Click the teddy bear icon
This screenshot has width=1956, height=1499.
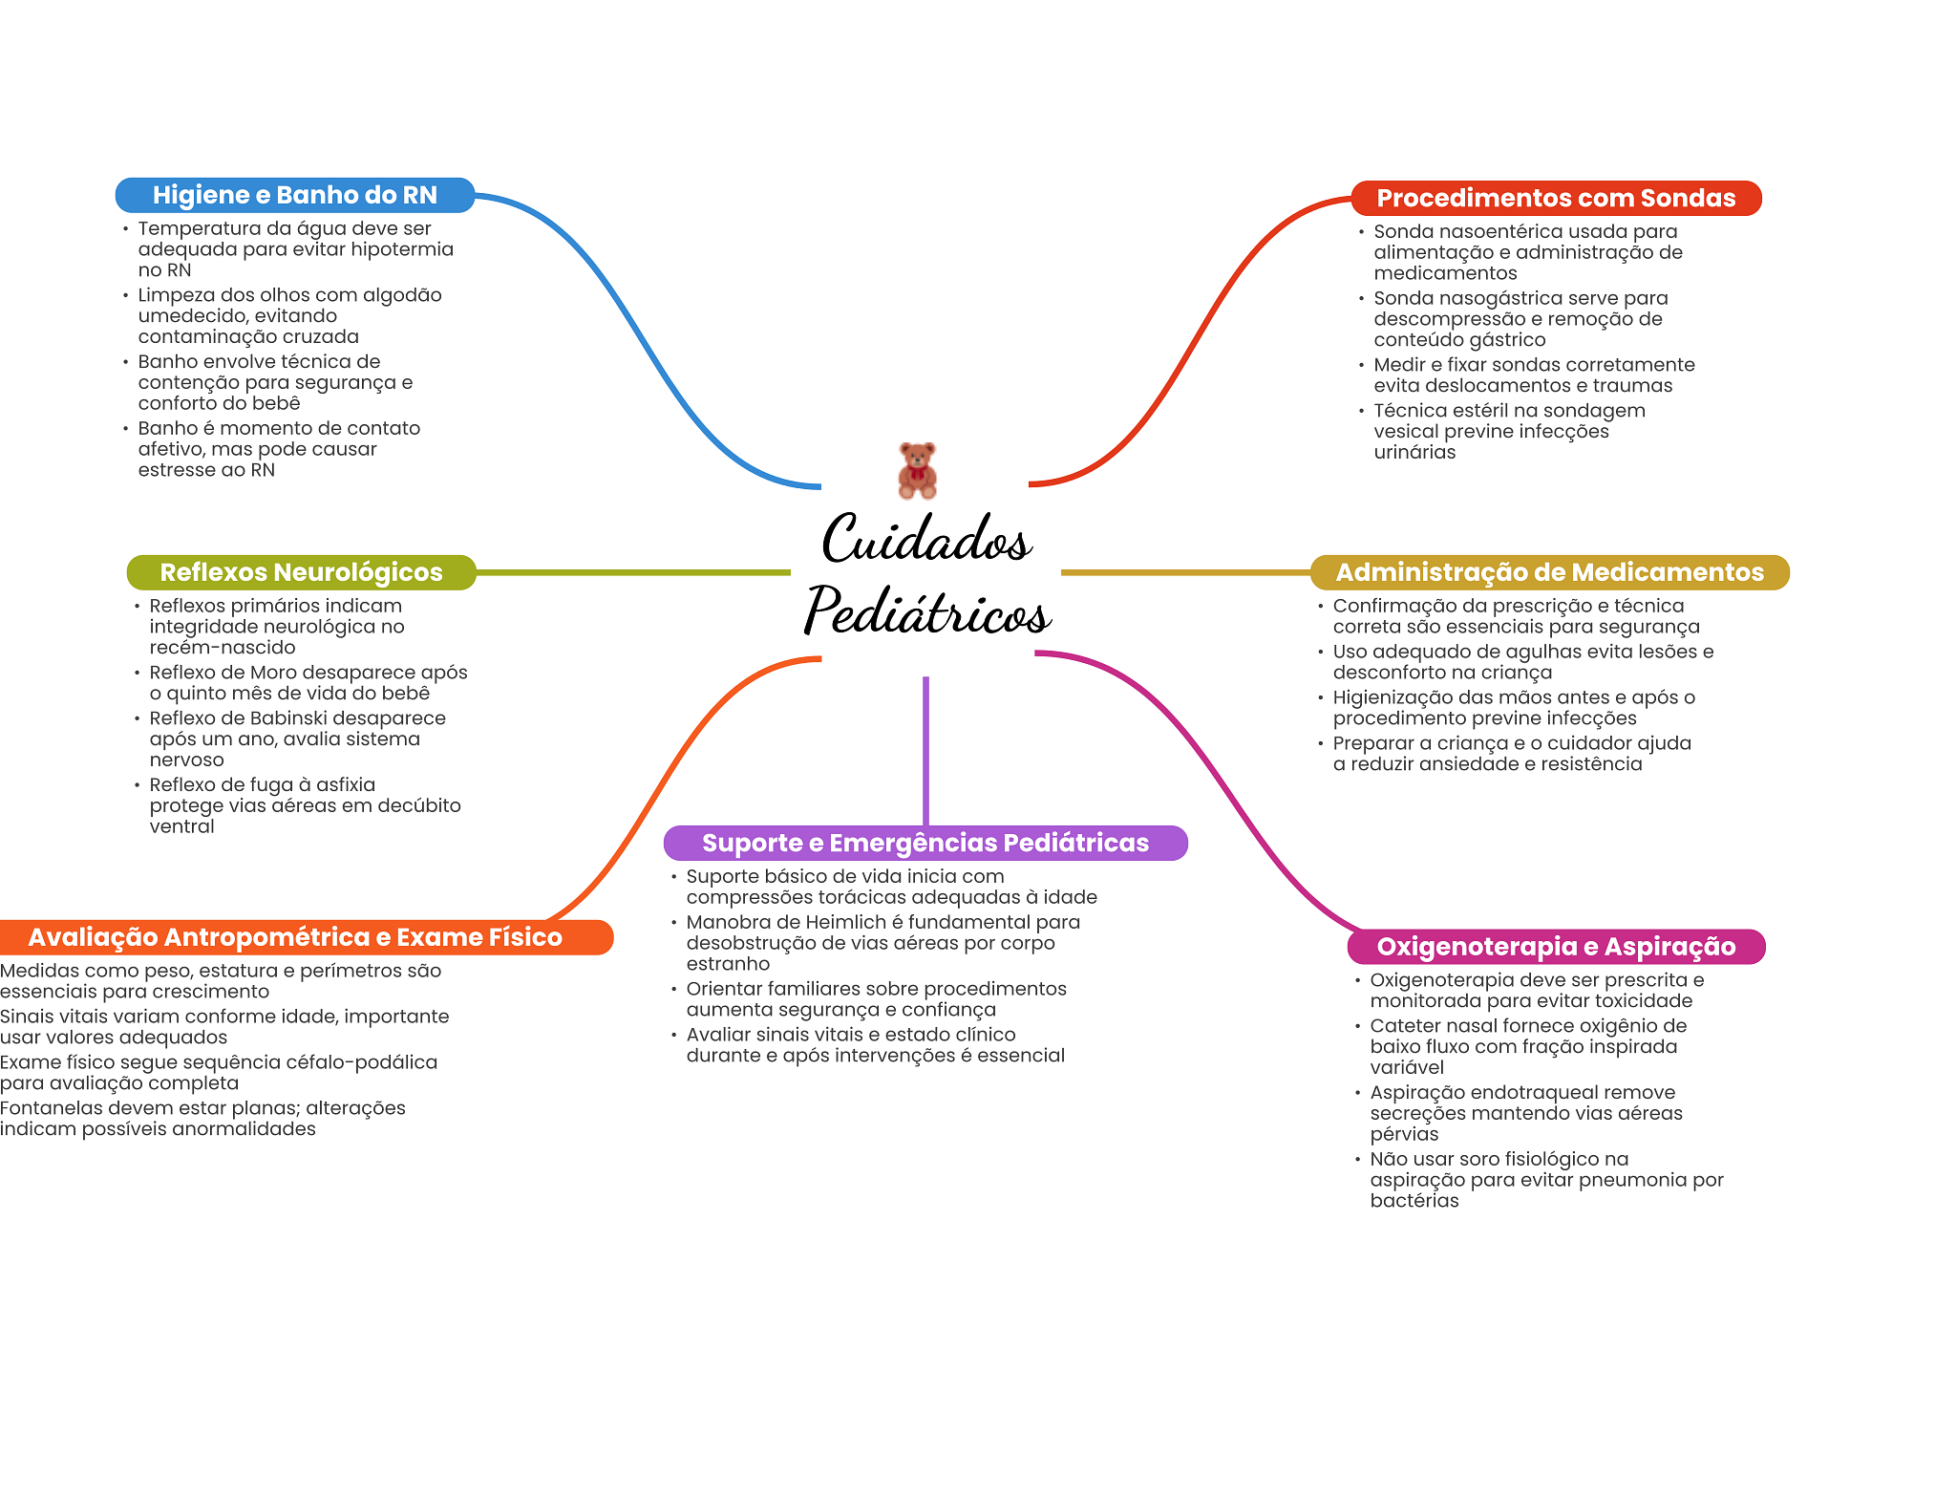tap(918, 470)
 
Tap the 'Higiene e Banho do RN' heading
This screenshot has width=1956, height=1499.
tap(295, 195)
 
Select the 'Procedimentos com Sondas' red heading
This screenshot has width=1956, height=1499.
tap(1556, 198)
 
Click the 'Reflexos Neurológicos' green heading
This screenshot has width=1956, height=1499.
tap(301, 572)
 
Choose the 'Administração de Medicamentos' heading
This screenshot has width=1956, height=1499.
tap(1549, 572)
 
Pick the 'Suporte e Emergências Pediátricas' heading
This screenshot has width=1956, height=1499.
tap(925, 843)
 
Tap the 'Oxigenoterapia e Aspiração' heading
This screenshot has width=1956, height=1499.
tap(1556, 947)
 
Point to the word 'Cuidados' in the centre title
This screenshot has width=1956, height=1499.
tap(926, 539)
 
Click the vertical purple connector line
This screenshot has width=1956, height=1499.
tap(925, 751)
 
